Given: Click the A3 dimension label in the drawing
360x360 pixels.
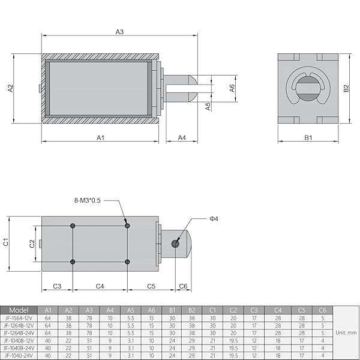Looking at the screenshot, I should [x=120, y=31].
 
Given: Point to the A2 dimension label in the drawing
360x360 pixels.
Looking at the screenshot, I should [x=10, y=88].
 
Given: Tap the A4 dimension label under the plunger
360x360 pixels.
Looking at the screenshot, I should [x=182, y=137].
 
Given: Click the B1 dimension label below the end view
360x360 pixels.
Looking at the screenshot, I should [x=308, y=137].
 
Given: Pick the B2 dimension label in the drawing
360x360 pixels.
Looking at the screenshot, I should [x=346, y=88].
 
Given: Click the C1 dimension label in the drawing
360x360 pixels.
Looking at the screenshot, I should [x=6, y=242].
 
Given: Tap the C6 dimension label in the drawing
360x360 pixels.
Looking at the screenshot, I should [x=184, y=286].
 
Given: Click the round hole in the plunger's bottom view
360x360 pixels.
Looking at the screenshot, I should [x=175, y=243].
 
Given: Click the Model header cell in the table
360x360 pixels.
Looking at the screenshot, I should [x=20, y=310].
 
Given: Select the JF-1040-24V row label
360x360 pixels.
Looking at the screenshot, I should [x=20, y=354].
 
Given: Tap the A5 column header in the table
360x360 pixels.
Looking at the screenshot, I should [x=130, y=310].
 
